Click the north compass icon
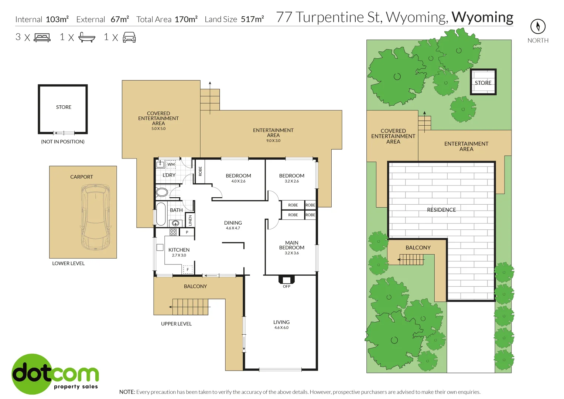(x=538, y=26)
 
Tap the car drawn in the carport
(x=95, y=217)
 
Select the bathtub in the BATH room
(x=161, y=214)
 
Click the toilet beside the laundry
(x=161, y=192)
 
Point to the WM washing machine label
(x=171, y=164)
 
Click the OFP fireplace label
(x=287, y=286)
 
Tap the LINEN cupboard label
(x=190, y=221)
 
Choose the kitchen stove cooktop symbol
(x=173, y=232)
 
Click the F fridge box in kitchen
(x=188, y=270)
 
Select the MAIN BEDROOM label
(x=292, y=245)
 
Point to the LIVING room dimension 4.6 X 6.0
(x=281, y=328)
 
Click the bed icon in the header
(x=42, y=37)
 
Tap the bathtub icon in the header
(x=87, y=37)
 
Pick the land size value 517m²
(x=252, y=19)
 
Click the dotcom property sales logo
(x=55, y=374)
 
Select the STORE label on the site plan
(x=483, y=83)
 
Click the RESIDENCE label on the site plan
(x=441, y=210)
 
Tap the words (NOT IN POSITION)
(x=63, y=141)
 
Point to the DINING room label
(x=233, y=223)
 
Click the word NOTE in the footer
(x=127, y=392)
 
